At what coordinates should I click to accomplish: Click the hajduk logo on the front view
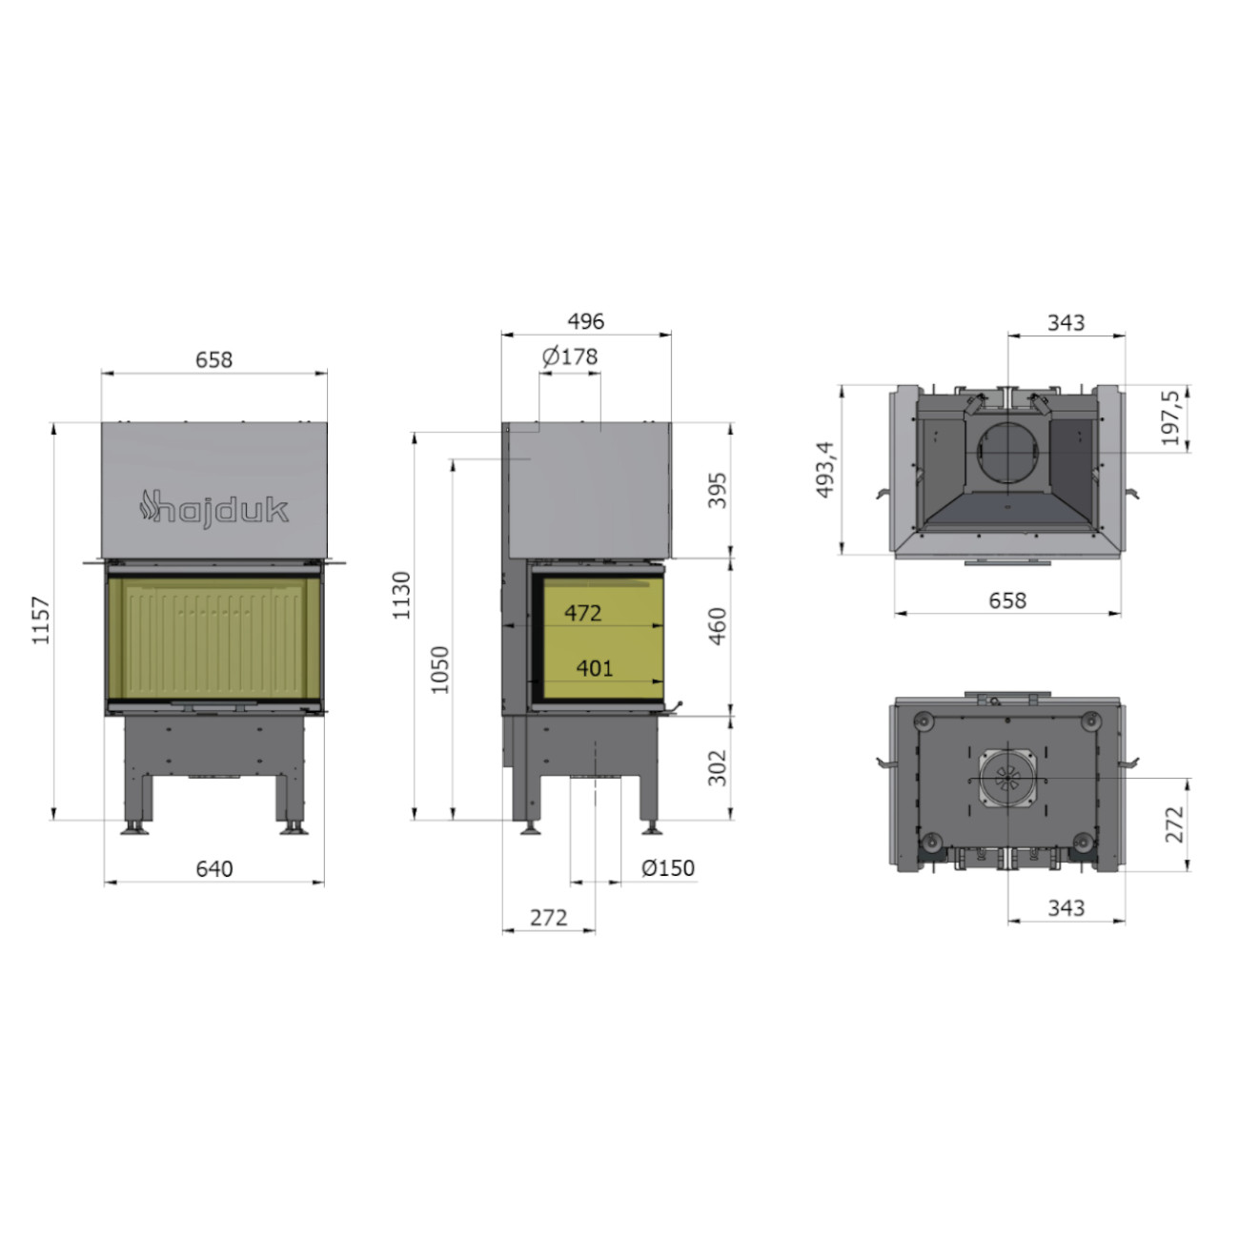coord(213,509)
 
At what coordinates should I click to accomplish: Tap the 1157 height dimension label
coord(41,620)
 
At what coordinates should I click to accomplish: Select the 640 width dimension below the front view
coord(214,868)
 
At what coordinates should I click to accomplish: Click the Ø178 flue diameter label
coord(570,356)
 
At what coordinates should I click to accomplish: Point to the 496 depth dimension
coord(586,321)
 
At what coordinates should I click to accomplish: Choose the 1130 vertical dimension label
coord(401,596)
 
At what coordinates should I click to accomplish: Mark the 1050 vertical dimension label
coord(439,670)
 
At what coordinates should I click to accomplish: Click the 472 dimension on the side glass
coord(582,613)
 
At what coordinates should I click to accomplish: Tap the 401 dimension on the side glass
coord(594,669)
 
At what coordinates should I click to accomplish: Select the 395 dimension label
coord(717,491)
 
